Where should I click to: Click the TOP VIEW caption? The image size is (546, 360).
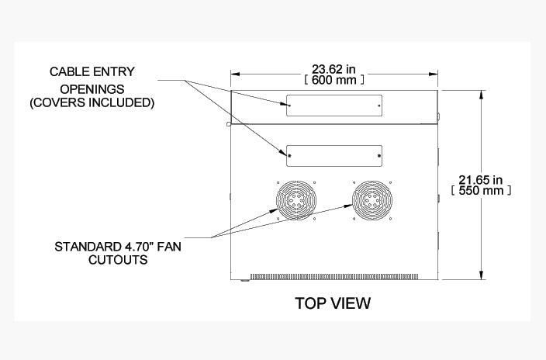coord(333,303)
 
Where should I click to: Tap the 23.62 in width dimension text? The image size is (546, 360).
coord(334,67)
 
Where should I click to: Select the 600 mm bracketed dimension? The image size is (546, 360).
coord(334,79)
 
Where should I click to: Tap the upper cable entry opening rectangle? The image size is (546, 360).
coord(334,106)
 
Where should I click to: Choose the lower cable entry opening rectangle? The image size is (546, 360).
coord(334,155)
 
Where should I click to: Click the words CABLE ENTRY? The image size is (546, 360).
coord(92,71)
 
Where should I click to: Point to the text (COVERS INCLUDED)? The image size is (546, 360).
coord(92,102)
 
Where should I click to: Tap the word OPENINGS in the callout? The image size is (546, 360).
coord(92,87)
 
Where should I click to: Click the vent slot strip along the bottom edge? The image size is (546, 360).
coord(334,275)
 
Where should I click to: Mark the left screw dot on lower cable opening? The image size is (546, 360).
coord(290,156)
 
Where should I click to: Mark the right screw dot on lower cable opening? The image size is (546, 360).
coord(378,156)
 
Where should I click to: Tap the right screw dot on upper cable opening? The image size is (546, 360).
coord(378,105)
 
